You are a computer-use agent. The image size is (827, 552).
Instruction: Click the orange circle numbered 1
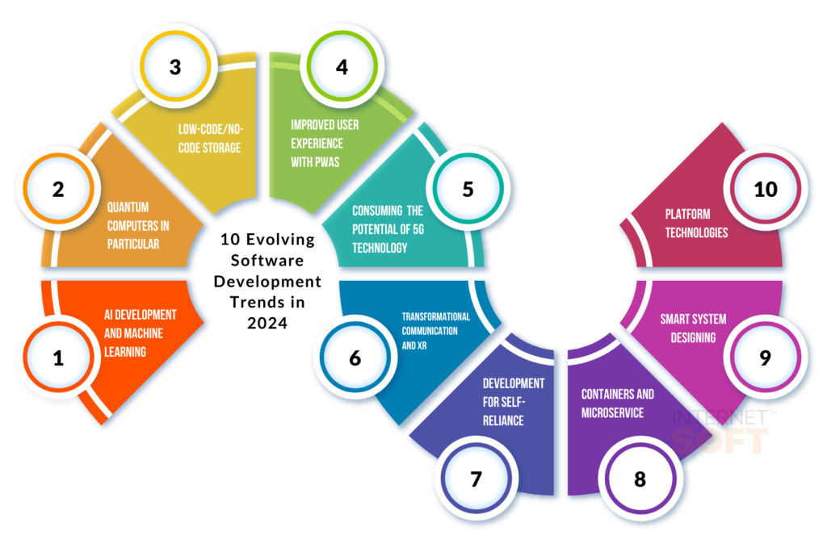tap(58, 358)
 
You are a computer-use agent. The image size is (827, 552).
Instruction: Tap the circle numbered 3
tap(175, 66)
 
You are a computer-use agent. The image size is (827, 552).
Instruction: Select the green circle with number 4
tap(342, 66)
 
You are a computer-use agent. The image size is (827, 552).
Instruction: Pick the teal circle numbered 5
tap(468, 189)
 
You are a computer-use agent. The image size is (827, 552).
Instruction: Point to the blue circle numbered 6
tap(355, 358)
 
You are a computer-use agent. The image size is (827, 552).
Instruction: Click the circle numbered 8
tap(640, 479)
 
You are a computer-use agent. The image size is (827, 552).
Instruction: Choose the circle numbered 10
tap(766, 189)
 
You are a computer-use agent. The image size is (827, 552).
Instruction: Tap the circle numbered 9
tap(766, 358)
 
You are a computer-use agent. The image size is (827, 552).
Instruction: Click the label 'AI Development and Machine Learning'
tap(141, 333)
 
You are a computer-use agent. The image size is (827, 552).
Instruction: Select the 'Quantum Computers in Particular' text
tap(138, 226)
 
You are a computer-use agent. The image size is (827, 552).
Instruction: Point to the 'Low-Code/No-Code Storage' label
tap(211, 139)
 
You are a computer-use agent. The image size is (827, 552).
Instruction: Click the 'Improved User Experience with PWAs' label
tap(325, 144)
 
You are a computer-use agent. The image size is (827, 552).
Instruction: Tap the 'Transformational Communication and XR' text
tap(435, 331)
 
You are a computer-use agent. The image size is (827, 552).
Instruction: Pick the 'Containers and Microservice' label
tap(618, 404)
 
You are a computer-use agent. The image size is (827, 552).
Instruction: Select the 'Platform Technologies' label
tap(696, 223)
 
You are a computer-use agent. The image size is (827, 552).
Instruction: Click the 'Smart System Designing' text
tap(693, 328)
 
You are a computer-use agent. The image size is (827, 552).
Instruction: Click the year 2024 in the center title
tap(267, 323)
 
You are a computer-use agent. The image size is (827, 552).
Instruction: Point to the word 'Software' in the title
tap(267, 261)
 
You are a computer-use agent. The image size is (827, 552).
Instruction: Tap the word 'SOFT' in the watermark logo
tap(720, 441)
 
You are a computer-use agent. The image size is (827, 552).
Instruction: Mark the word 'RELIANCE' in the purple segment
tap(503, 420)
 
